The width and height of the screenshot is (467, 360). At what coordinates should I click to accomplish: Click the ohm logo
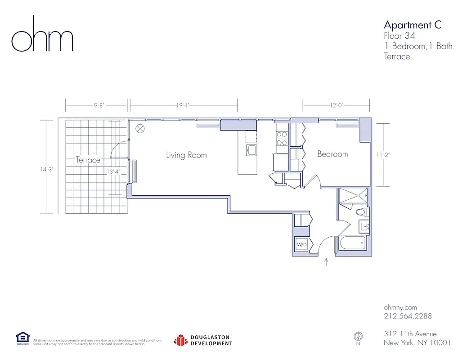click(42, 35)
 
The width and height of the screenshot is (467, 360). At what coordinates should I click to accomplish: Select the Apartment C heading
click(412, 25)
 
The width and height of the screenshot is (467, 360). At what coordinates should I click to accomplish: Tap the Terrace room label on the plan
click(88, 160)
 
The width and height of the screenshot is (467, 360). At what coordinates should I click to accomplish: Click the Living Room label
click(186, 155)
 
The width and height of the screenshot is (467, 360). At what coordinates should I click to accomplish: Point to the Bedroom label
click(332, 154)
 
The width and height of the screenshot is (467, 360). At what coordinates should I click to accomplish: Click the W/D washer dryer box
click(301, 245)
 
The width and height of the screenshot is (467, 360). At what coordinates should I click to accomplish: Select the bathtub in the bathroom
click(352, 244)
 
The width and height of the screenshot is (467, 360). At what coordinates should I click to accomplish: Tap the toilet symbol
click(362, 212)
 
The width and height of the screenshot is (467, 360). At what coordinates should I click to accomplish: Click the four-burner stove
click(282, 139)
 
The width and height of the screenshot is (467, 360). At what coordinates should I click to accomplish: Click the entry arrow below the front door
click(326, 262)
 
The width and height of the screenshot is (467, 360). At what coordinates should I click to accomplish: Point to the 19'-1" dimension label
click(182, 106)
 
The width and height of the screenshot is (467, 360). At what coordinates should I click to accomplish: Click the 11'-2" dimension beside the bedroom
click(383, 155)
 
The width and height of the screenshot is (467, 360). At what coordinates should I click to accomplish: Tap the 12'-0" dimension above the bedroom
click(336, 106)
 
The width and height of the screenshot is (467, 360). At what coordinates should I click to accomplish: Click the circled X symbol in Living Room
click(140, 129)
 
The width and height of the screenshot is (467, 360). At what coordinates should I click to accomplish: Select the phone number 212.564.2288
click(408, 316)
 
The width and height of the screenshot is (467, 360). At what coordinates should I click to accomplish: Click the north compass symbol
click(358, 336)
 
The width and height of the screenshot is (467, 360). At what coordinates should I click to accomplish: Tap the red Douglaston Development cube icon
click(180, 340)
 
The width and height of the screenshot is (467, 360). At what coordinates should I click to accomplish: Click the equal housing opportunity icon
click(22, 338)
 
